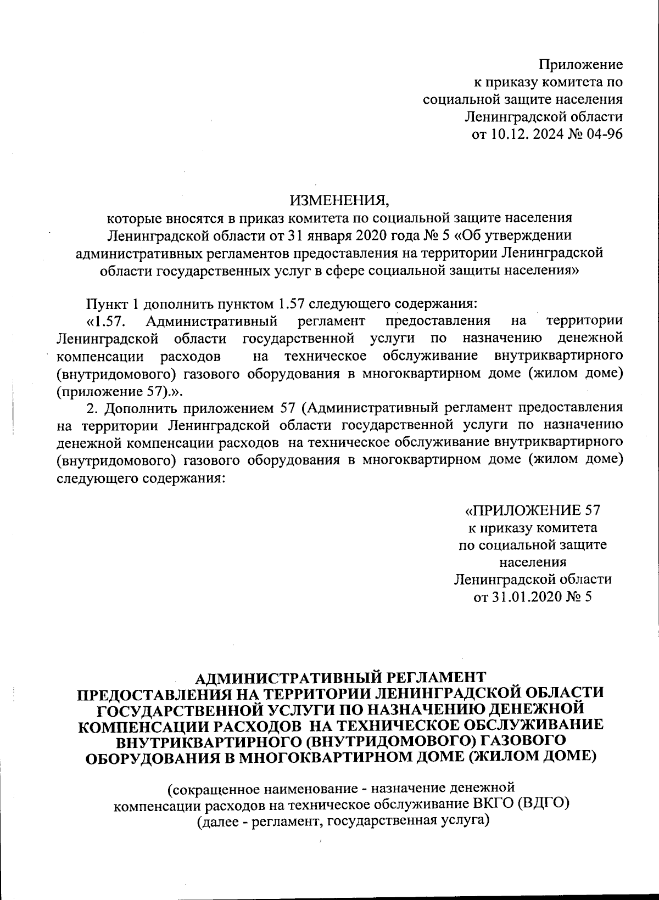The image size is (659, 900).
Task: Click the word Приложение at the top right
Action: click(580, 65)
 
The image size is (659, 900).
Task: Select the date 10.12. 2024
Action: click(525, 134)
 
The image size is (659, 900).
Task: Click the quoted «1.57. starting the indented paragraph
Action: click(107, 320)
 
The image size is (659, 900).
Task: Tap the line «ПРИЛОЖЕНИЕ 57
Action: click(532, 510)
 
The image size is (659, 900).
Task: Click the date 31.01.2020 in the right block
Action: click(522, 597)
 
